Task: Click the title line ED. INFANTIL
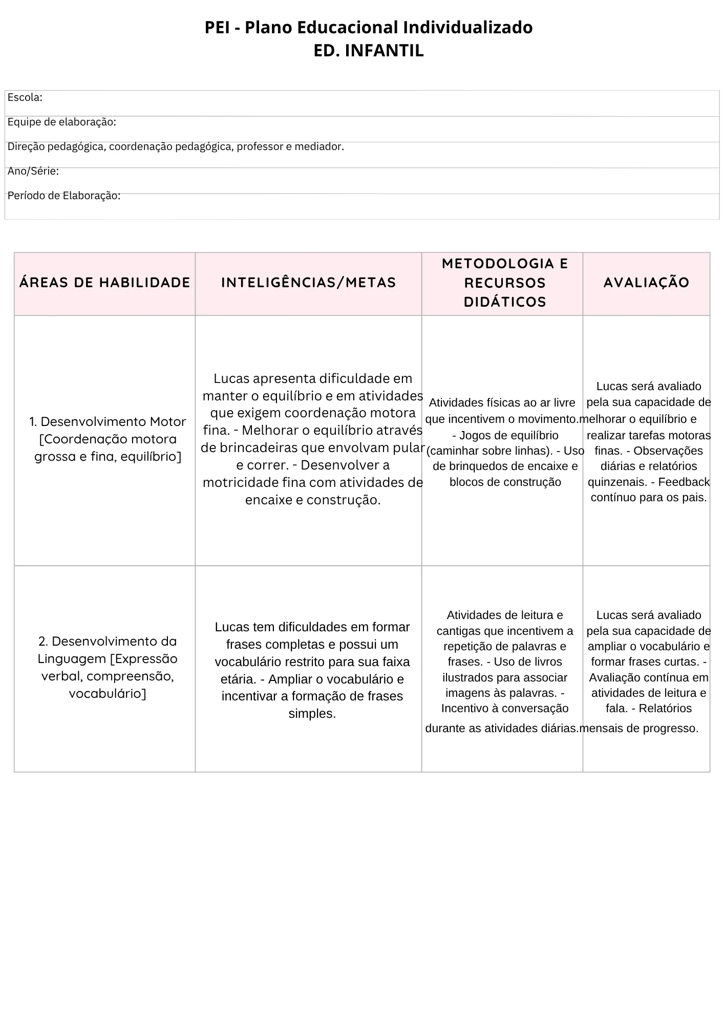368,51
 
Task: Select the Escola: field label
25,98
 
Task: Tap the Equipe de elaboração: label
61,122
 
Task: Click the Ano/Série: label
33,172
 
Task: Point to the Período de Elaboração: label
63,196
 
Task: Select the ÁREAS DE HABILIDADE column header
104,283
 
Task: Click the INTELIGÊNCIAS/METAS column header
308,283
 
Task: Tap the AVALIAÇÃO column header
646,283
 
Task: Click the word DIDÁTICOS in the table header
505,302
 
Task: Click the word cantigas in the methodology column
455,631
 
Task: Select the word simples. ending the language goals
312,714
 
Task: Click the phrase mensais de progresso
640,728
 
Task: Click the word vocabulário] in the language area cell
108,694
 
